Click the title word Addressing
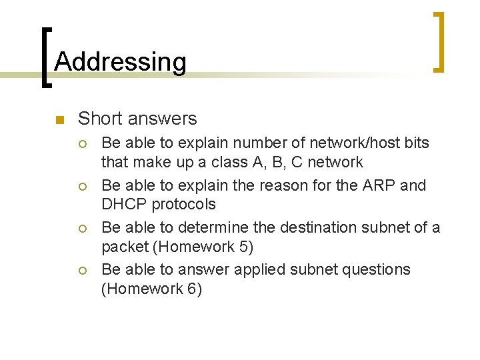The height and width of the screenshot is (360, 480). [120, 62]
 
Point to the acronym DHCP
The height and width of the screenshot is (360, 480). [125, 204]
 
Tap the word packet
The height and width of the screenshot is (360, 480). [125, 247]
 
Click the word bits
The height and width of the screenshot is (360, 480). [415, 143]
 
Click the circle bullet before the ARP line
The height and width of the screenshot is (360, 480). [83, 185]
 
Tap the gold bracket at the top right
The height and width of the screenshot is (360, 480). [439, 41]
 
